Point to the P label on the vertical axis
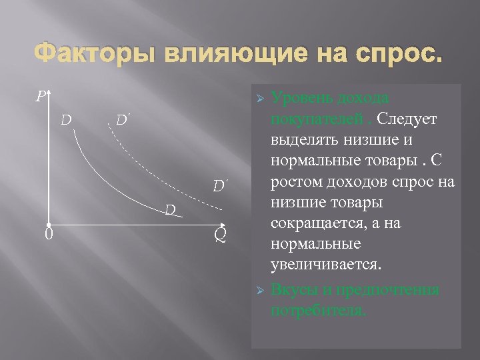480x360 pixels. [x=41, y=98]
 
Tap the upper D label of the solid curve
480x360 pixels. [x=67, y=121]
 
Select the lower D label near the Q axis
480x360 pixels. [x=170, y=211]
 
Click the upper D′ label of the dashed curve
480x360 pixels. [x=122, y=121]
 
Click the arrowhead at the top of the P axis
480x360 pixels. [x=49, y=93]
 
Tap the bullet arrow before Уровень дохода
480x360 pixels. [x=261, y=99]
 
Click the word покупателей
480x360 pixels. [x=321, y=117]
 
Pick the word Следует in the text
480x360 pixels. [x=407, y=117]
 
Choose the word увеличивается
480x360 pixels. [x=327, y=265]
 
